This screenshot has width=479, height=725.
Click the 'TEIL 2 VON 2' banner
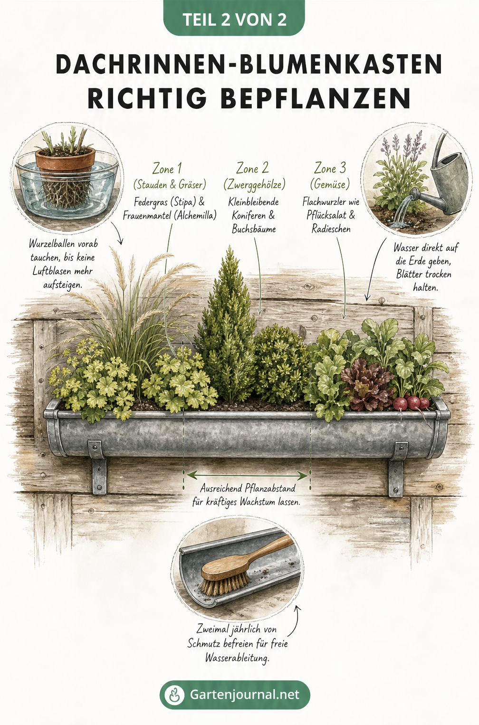(235, 18)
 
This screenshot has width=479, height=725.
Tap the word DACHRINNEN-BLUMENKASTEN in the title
(249, 65)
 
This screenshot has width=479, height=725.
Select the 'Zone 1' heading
(167, 169)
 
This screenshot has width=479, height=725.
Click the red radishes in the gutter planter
(411, 403)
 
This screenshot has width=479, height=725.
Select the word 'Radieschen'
(331, 229)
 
